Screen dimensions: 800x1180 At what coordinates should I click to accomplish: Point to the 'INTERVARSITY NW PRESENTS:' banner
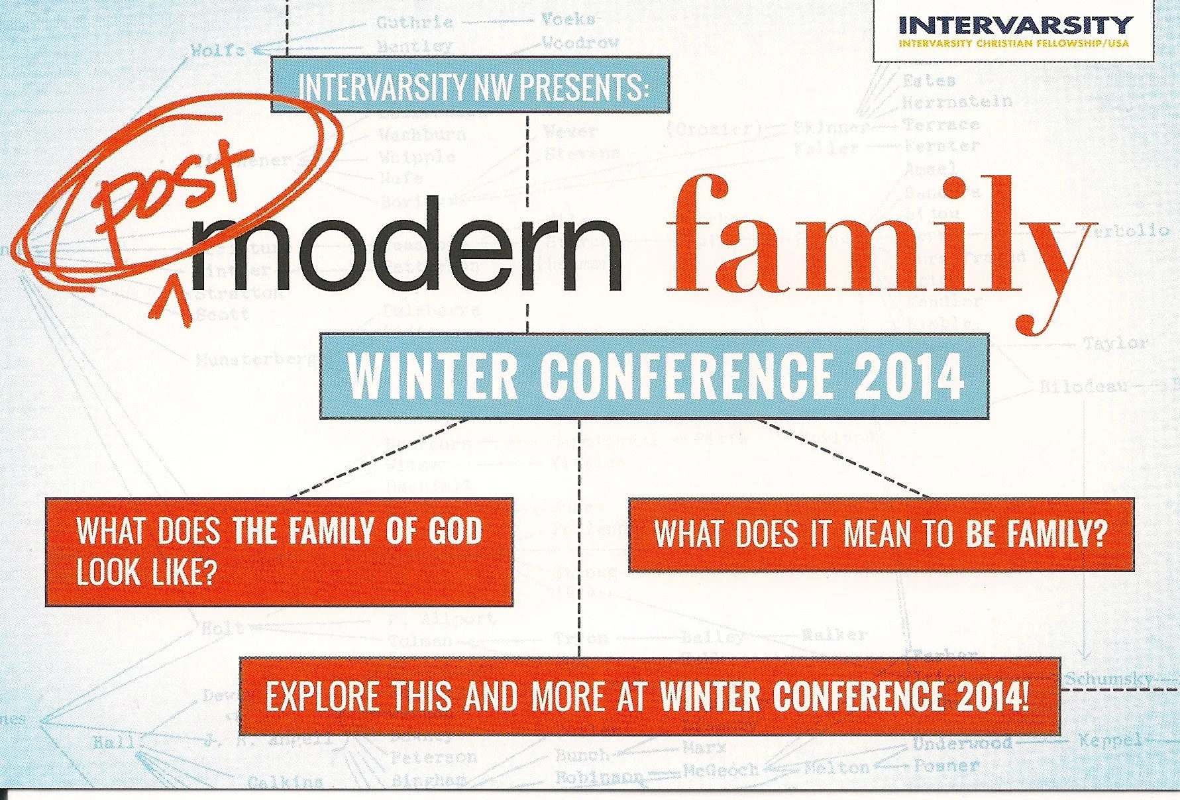470,85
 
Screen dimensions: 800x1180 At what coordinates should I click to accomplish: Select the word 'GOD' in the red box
455,532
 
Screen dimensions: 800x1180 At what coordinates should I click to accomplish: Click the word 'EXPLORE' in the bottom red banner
322,696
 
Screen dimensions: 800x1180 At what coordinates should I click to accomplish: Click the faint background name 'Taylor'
1114,343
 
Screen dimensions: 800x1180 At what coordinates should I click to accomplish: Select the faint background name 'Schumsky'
1108,679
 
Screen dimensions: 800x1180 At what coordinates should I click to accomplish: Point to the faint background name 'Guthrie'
414,23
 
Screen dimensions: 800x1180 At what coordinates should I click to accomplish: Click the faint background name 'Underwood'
962,744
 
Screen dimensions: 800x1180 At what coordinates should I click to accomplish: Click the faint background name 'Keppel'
1110,740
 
